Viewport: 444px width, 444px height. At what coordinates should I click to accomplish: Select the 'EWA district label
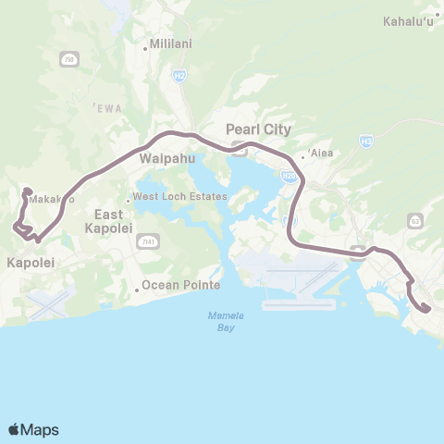[x=108, y=108]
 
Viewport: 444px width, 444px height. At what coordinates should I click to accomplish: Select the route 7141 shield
[x=145, y=241]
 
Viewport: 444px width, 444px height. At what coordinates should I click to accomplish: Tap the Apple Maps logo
[x=33, y=429]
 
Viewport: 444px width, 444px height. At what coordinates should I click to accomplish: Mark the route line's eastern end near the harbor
[x=426, y=310]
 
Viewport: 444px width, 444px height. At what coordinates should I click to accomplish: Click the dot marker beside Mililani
[x=146, y=43]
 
